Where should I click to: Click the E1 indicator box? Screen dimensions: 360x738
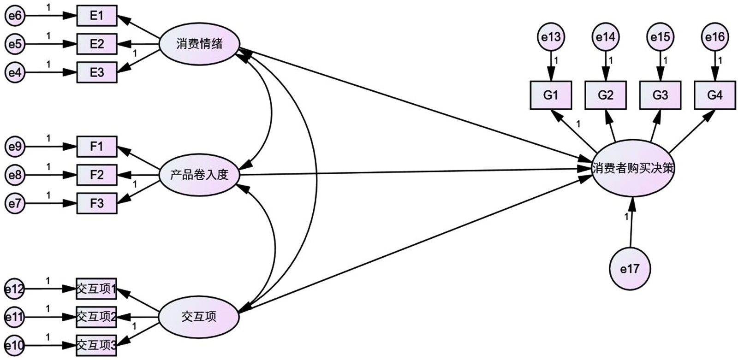click(x=96, y=16)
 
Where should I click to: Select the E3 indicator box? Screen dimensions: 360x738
click(x=96, y=72)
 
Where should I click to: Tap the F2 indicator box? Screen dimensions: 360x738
click(x=96, y=175)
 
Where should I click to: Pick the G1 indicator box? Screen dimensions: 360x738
click(x=551, y=95)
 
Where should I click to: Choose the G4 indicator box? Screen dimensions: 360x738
click(x=714, y=95)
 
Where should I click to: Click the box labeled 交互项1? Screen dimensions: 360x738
click(x=96, y=289)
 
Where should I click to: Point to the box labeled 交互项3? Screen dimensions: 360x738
click(x=96, y=345)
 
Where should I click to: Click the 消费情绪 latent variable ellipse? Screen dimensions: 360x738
click(x=199, y=44)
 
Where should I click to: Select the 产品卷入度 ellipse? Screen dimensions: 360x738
click(x=199, y=175)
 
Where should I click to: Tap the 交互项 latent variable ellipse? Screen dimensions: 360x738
click(x=199, y=317)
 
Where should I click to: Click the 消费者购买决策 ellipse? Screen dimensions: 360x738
click(x=633, y=169)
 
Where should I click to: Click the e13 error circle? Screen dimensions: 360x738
click(x=551, y=37)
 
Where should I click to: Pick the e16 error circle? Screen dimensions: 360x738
click(x=714, y=37)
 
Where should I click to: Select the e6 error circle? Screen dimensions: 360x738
click(x=15, y=16)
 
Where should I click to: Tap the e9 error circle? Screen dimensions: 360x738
click(x=15, y=147)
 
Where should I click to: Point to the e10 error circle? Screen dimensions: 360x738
click(x=15, y=345)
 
